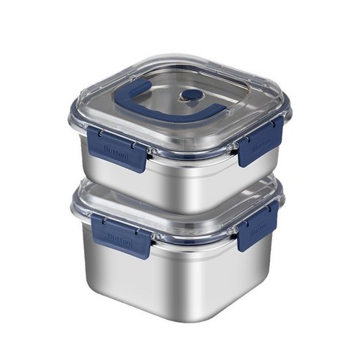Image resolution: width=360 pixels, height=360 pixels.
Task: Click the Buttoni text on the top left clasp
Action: [x=116, y=151]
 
